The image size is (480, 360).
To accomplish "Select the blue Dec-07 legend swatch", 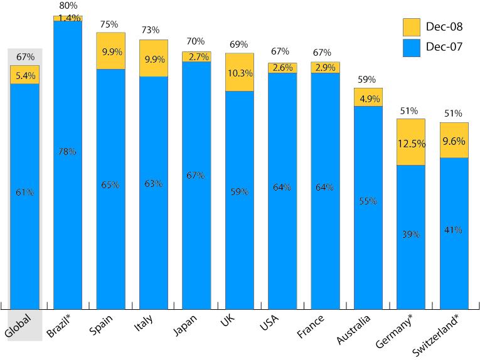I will tap(411, 47).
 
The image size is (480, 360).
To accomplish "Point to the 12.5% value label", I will tap(411, 144).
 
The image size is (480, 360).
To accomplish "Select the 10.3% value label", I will tap(240, 73).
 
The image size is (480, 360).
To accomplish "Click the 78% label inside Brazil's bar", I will tap(68, 151).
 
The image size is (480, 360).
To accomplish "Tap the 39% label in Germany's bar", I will tap(411, 235).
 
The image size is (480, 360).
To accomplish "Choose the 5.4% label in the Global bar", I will tap(24, 76).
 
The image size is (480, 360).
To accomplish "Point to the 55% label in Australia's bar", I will tap(368, 201).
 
